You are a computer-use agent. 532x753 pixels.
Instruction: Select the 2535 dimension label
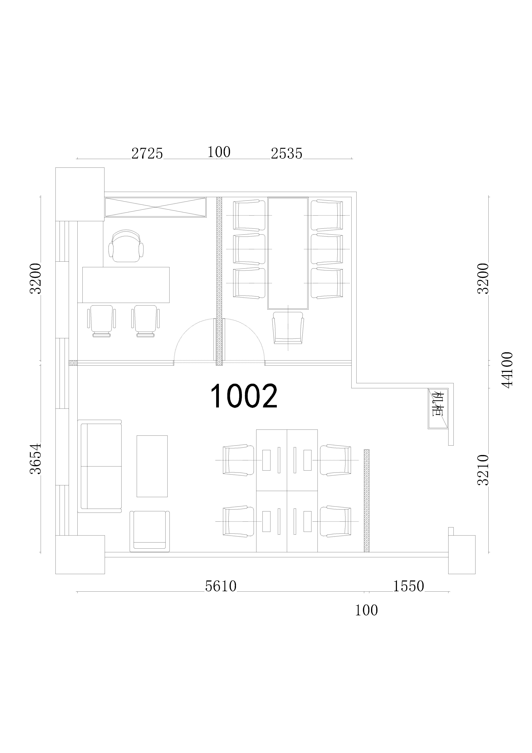click(x=286, y=153)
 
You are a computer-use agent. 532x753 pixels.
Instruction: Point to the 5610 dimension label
click(x=221, y=586)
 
